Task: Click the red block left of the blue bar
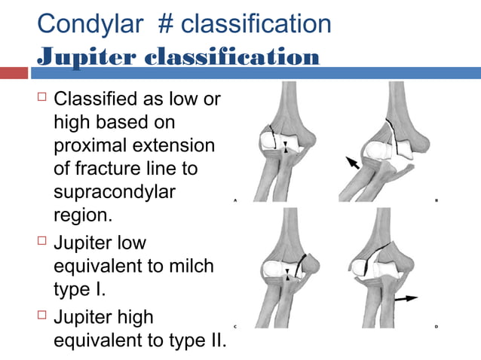click(x=14, y=73)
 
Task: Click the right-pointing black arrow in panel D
click(x=408, y=299)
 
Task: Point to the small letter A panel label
click(x=236, y=201)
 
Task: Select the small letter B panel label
click(x=437, y=201)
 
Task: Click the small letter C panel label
click(x=236, y=326)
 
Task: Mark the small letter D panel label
click(x=437, y=326)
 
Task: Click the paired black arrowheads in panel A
click(x=284, y=146)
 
